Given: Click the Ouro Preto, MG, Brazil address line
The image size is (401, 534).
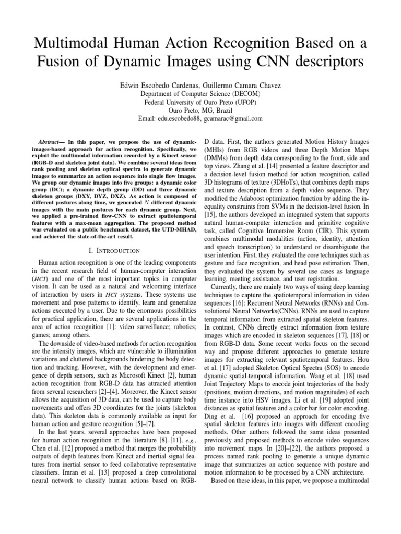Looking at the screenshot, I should (x=200, y=111).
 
